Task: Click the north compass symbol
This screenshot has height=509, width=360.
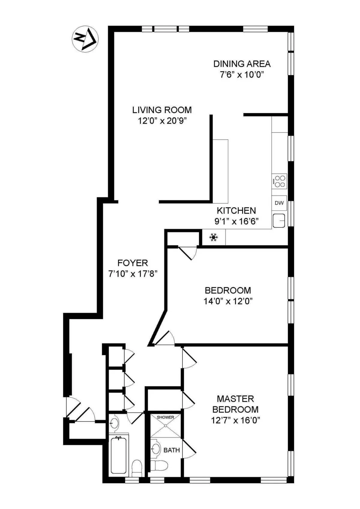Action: [85, 39]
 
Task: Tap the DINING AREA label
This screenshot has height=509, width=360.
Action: [242, 64]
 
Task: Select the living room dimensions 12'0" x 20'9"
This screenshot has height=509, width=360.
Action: [162, 121]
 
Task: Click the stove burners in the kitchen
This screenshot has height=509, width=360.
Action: [280, 181]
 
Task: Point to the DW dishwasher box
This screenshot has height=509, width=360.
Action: [279, 203]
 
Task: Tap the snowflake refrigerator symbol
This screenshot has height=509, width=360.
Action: [213, 238]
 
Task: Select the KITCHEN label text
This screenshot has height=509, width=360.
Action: [236, 211]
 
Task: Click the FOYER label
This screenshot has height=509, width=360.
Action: [133, 263]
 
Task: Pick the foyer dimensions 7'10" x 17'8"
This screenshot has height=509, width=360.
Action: [133, 274]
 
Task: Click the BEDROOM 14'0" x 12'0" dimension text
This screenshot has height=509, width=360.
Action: [228, 301]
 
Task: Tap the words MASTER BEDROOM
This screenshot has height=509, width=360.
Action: [235, 404]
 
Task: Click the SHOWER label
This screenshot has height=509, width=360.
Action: [165, 417]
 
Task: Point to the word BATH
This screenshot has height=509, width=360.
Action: [172, 450]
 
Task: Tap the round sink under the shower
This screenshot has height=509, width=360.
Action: [155, 449]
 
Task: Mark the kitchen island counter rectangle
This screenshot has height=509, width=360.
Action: [220, 171]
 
